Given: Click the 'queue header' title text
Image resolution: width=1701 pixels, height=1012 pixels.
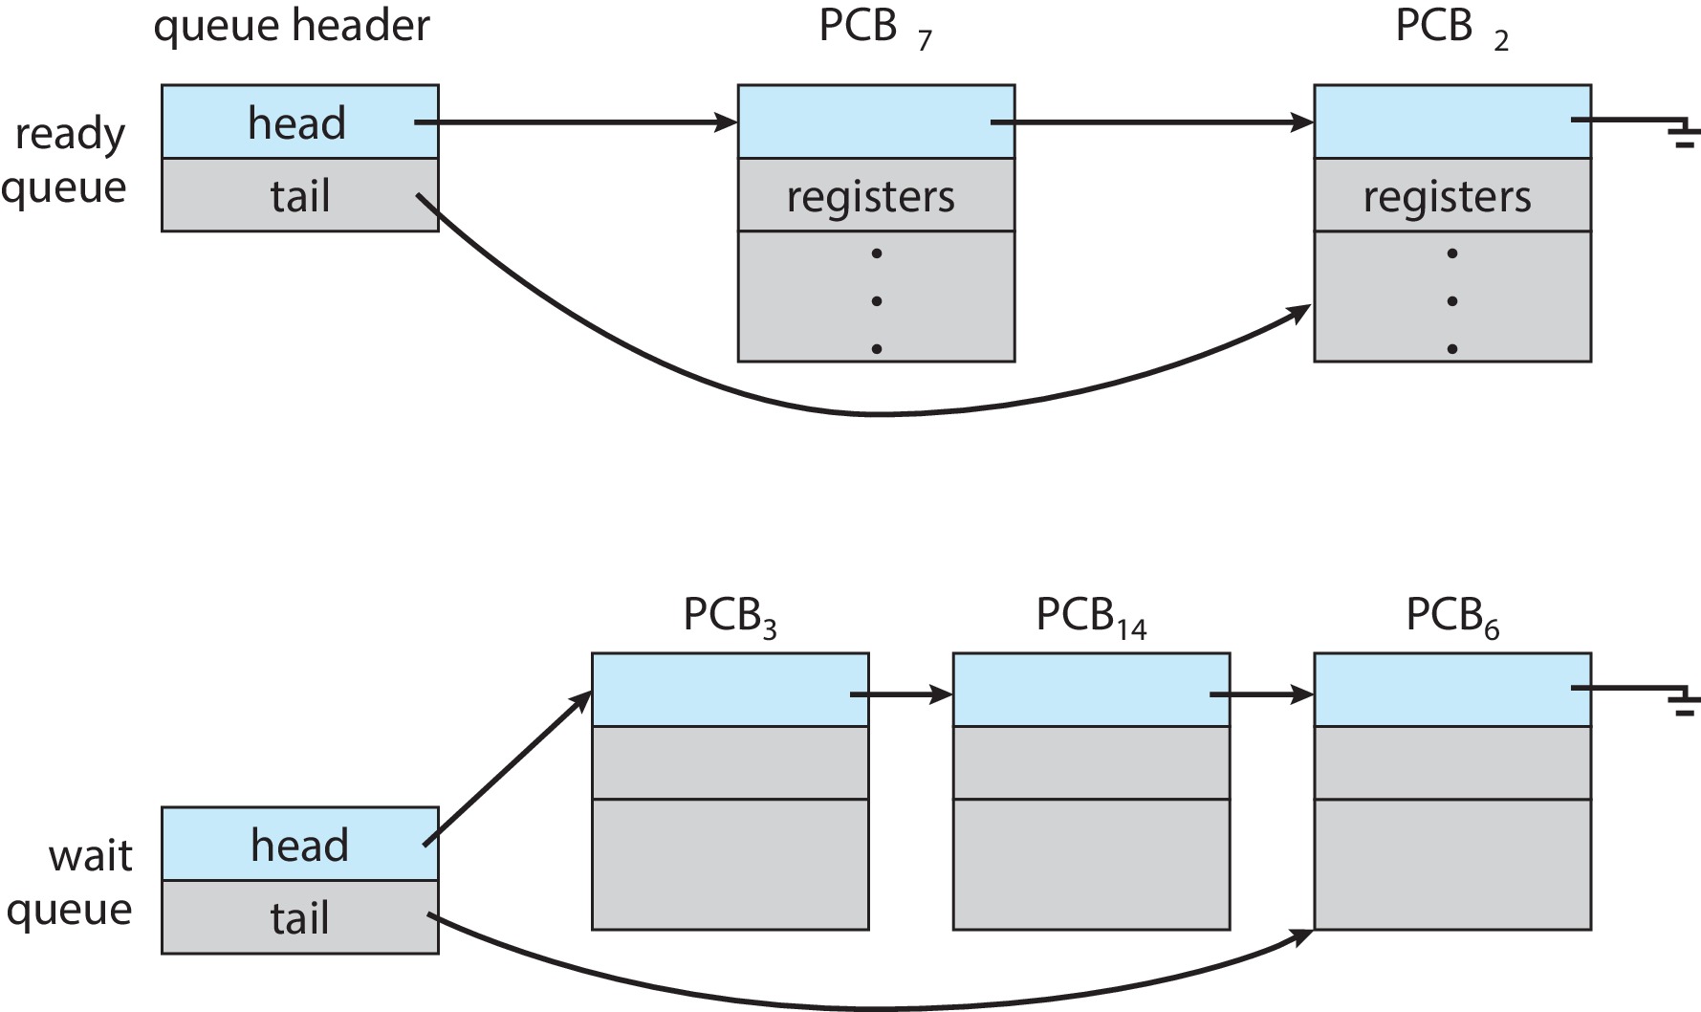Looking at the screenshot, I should (291, 27).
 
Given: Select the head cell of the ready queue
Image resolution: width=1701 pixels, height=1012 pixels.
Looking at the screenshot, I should (298, 122).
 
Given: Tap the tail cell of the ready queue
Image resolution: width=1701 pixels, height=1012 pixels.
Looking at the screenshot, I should (298, 196).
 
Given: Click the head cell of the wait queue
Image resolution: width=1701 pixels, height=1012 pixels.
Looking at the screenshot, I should (298, 845).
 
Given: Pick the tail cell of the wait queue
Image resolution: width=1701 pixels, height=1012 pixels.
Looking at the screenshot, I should (298, 917).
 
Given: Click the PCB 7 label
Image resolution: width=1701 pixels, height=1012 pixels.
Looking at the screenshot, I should (874, 29).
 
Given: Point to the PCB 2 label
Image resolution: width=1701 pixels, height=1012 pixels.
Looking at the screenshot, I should (1450, 29).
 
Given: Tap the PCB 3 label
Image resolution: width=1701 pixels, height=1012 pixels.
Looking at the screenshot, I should (729, 617).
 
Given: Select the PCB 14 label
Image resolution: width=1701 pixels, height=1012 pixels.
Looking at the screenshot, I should (1090, 617).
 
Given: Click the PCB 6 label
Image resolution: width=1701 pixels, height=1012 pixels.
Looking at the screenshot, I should (1451, 617).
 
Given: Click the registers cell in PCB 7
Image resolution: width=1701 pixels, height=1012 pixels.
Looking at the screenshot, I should (874, 196).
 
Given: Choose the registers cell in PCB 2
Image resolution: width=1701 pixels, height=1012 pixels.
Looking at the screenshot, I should (1450, 196).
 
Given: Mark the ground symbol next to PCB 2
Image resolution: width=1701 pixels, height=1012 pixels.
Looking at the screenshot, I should (1684, 135).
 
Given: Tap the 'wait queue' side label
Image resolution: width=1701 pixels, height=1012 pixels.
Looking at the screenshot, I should (71, 882).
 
